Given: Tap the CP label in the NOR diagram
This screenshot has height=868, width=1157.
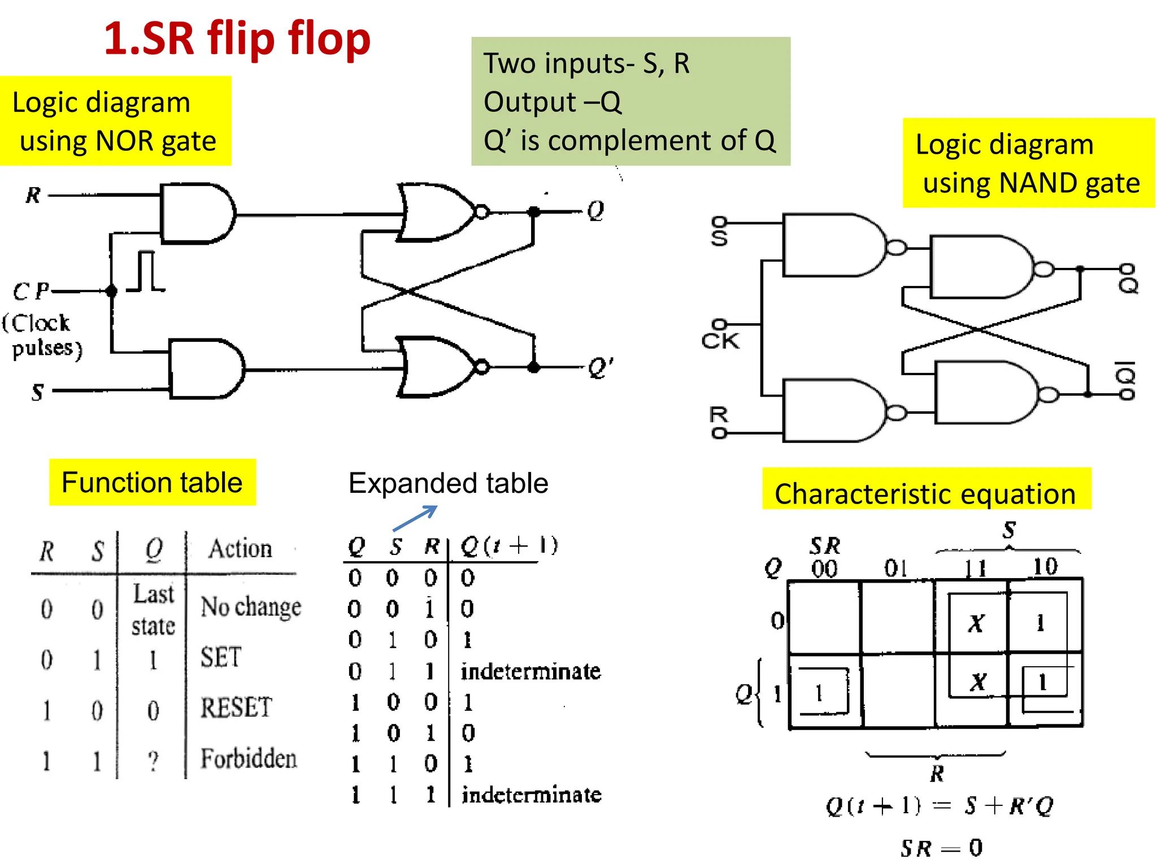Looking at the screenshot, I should click(x=31, y=292).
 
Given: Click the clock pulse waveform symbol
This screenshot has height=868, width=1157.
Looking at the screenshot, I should click(x=146, y=272).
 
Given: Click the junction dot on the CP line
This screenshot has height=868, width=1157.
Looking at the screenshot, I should click(x=111, y=291).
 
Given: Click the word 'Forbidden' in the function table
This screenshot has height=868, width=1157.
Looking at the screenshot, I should click(x=249, y=758).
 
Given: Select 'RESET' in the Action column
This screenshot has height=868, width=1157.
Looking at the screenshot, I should click(x=236, y=708).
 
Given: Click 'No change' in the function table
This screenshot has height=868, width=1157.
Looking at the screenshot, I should click(x=251, y=607).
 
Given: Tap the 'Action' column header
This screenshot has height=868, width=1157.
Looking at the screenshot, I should click(x=240, y=549).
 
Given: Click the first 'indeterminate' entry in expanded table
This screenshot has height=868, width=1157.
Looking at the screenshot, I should click(x=530, y=671).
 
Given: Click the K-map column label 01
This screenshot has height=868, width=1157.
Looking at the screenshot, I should click(x=896, y=568).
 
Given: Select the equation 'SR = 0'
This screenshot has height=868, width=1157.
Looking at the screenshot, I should click(x=941, y=847).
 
